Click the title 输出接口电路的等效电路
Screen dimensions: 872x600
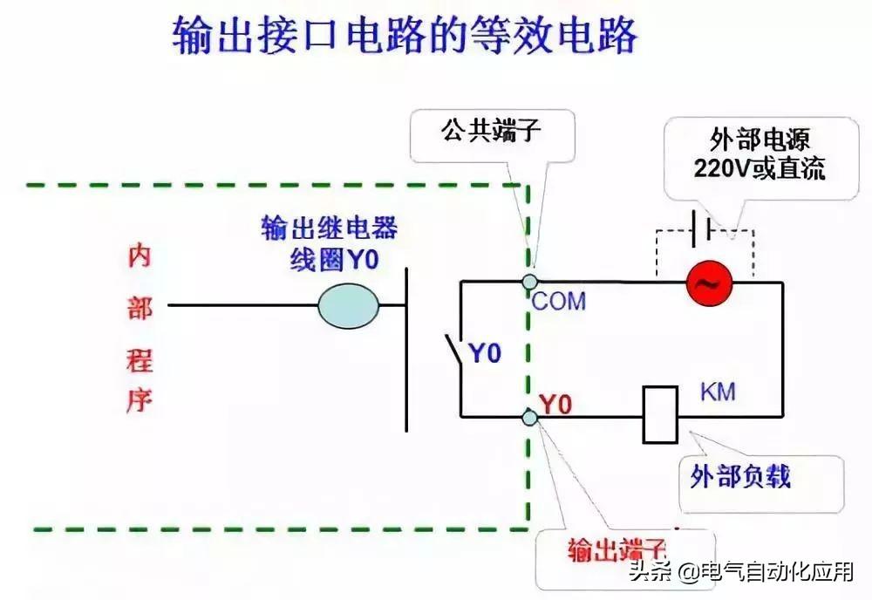tap(405, 36)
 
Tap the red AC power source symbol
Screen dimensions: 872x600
tap(709, 283)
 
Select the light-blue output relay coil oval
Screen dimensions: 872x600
tap(349, 305)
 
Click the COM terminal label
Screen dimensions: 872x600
tap(558, 302)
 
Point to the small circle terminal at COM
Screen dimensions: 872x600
tap(529, 281)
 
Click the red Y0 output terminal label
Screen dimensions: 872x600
tap(555, 405)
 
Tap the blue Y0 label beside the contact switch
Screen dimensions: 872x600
tap(486, 353)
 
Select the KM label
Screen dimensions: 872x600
tap(718, 392)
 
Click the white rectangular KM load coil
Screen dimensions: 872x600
tap(660, 415)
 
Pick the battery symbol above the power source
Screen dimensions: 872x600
tap(702, 228)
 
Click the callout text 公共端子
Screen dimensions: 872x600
tap(491, 131)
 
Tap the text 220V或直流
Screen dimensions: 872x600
tap(760, 168)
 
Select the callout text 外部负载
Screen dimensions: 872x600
tap(740, 476)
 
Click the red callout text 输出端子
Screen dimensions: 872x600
tap(617, 549)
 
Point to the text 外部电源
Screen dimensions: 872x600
tap(760, 140)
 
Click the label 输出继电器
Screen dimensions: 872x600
tap(330, 228)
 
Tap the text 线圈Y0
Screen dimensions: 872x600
tap(334, 259)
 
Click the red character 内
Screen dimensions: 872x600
tap(139, 256)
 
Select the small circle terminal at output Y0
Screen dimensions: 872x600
tap(530, 417)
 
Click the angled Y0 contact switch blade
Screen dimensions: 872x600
tap(453, 350)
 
